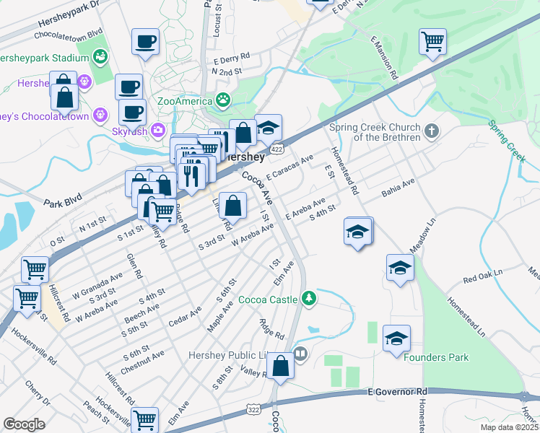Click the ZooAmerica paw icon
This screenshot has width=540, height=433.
pos(225,100)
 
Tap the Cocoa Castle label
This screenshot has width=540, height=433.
pos(268,299)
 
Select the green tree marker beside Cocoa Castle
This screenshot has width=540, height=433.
pos(309,297)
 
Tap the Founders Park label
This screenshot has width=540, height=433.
pos(436,357)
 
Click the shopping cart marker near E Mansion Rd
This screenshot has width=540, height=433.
pos(432,41)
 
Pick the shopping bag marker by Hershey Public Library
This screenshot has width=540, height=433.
pos(282,364)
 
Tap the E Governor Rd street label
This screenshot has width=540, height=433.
pos(398,391)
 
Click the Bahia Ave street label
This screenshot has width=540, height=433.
pos(398,191)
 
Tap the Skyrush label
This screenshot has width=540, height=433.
pos(129,132)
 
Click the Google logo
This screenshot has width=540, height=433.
pos(25,424)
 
